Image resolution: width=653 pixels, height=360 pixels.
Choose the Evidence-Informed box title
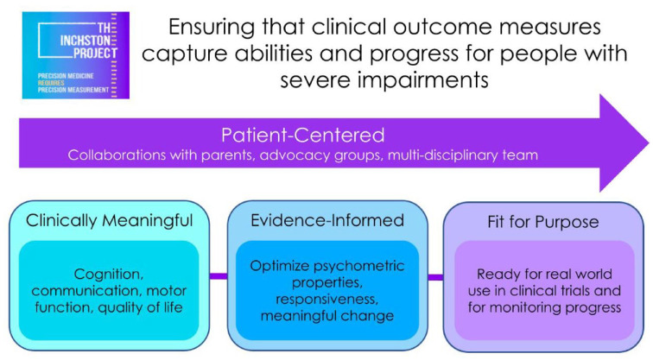point(327,221)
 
